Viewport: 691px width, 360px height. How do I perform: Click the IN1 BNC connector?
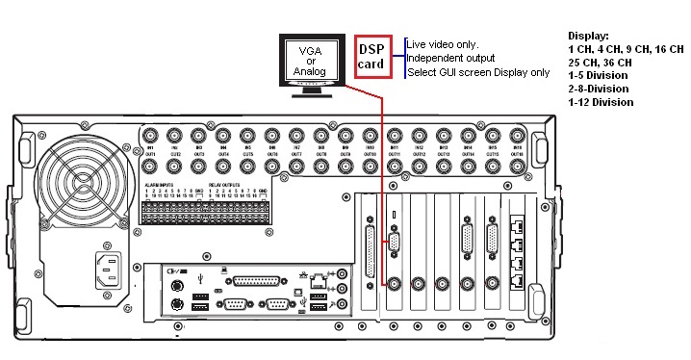click(x=151, y=135)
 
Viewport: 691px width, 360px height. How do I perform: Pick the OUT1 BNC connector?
click(x=151, y=166)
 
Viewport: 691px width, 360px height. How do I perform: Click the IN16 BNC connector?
click(x=517, y=135)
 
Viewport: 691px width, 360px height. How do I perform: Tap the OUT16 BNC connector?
click(x=517, y=166)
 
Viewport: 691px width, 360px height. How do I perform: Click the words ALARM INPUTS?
click(x=160, y=184)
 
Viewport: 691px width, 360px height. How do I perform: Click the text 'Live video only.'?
click(x=441, y=44)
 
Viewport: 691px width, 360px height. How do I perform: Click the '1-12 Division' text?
click(x=601, y=102)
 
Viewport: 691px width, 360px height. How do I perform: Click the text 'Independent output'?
click(x=447, y=58)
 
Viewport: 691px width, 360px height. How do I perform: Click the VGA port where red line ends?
click(x=394, y=243)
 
